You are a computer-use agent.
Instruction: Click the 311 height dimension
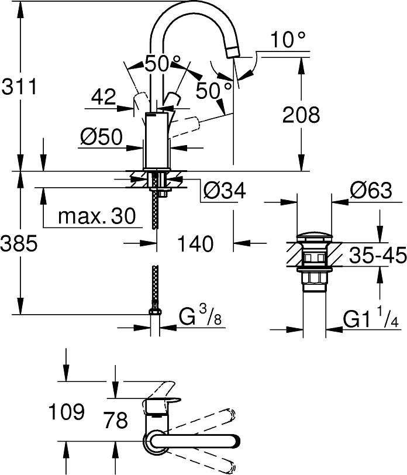19,87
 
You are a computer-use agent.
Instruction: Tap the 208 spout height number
301,115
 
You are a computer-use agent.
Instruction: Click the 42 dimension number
104,97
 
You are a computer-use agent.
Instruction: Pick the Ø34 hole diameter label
223,190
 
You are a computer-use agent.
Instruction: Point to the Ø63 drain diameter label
370,190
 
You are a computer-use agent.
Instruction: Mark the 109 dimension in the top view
65,412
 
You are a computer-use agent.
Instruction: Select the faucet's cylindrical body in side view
156,140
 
